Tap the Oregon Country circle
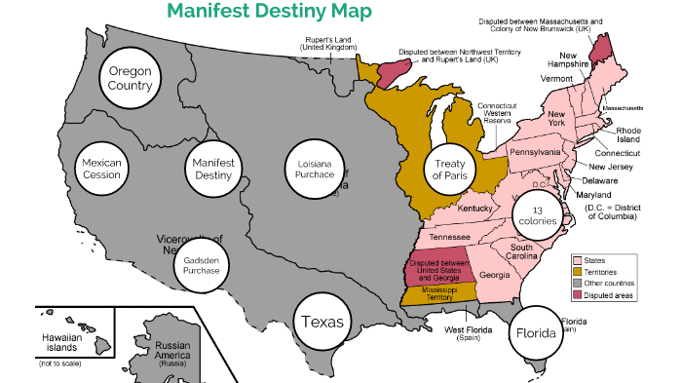click(131, 77)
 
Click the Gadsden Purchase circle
click(203, 264)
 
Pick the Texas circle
click(322, 321)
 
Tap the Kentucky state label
click(476, 209)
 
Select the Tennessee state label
click(450, 237)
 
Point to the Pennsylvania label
click(535, 152)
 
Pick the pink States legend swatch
click(577, 260)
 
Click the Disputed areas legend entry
click(608, 295)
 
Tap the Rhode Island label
click(628, 134)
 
